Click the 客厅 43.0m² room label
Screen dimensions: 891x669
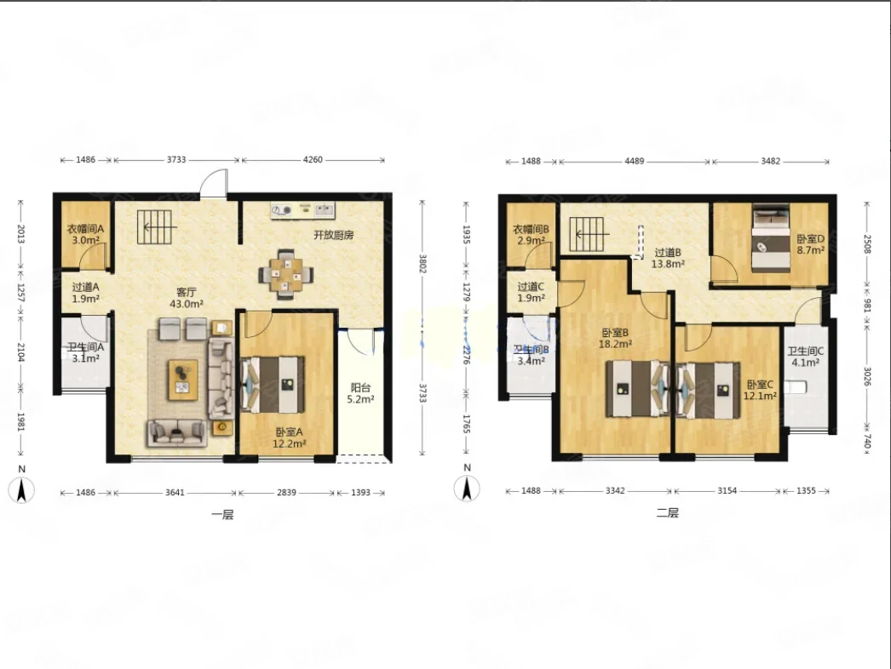click(x=187, y=298)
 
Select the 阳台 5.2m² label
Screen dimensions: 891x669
click(x=361, y=393)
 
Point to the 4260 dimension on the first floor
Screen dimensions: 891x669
click(x=313, y=159)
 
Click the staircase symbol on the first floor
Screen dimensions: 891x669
click(x=154, y=227)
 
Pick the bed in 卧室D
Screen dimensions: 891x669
click(x=771, y=237)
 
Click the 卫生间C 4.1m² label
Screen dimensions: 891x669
click(x=805, y=357)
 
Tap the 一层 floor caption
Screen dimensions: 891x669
click(x=222, y=515)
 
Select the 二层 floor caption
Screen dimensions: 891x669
click(x=668, y=513)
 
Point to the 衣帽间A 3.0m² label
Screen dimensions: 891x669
click(x=86, y=234)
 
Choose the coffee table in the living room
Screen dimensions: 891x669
click(x=183, y=380)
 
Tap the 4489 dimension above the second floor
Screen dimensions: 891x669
click(x=634, y=161)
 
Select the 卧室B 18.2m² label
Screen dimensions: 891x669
click(x=615, y=338)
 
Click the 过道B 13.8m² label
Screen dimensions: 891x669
click(x=668, y=258)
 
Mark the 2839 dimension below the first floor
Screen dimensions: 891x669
click(x=286, y=492)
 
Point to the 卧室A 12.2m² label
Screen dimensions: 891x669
click(x=290, y=437)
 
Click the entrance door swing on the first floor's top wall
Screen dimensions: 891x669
click(x=214, y=183)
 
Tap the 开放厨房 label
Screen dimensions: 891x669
click(x=334, y=235)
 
